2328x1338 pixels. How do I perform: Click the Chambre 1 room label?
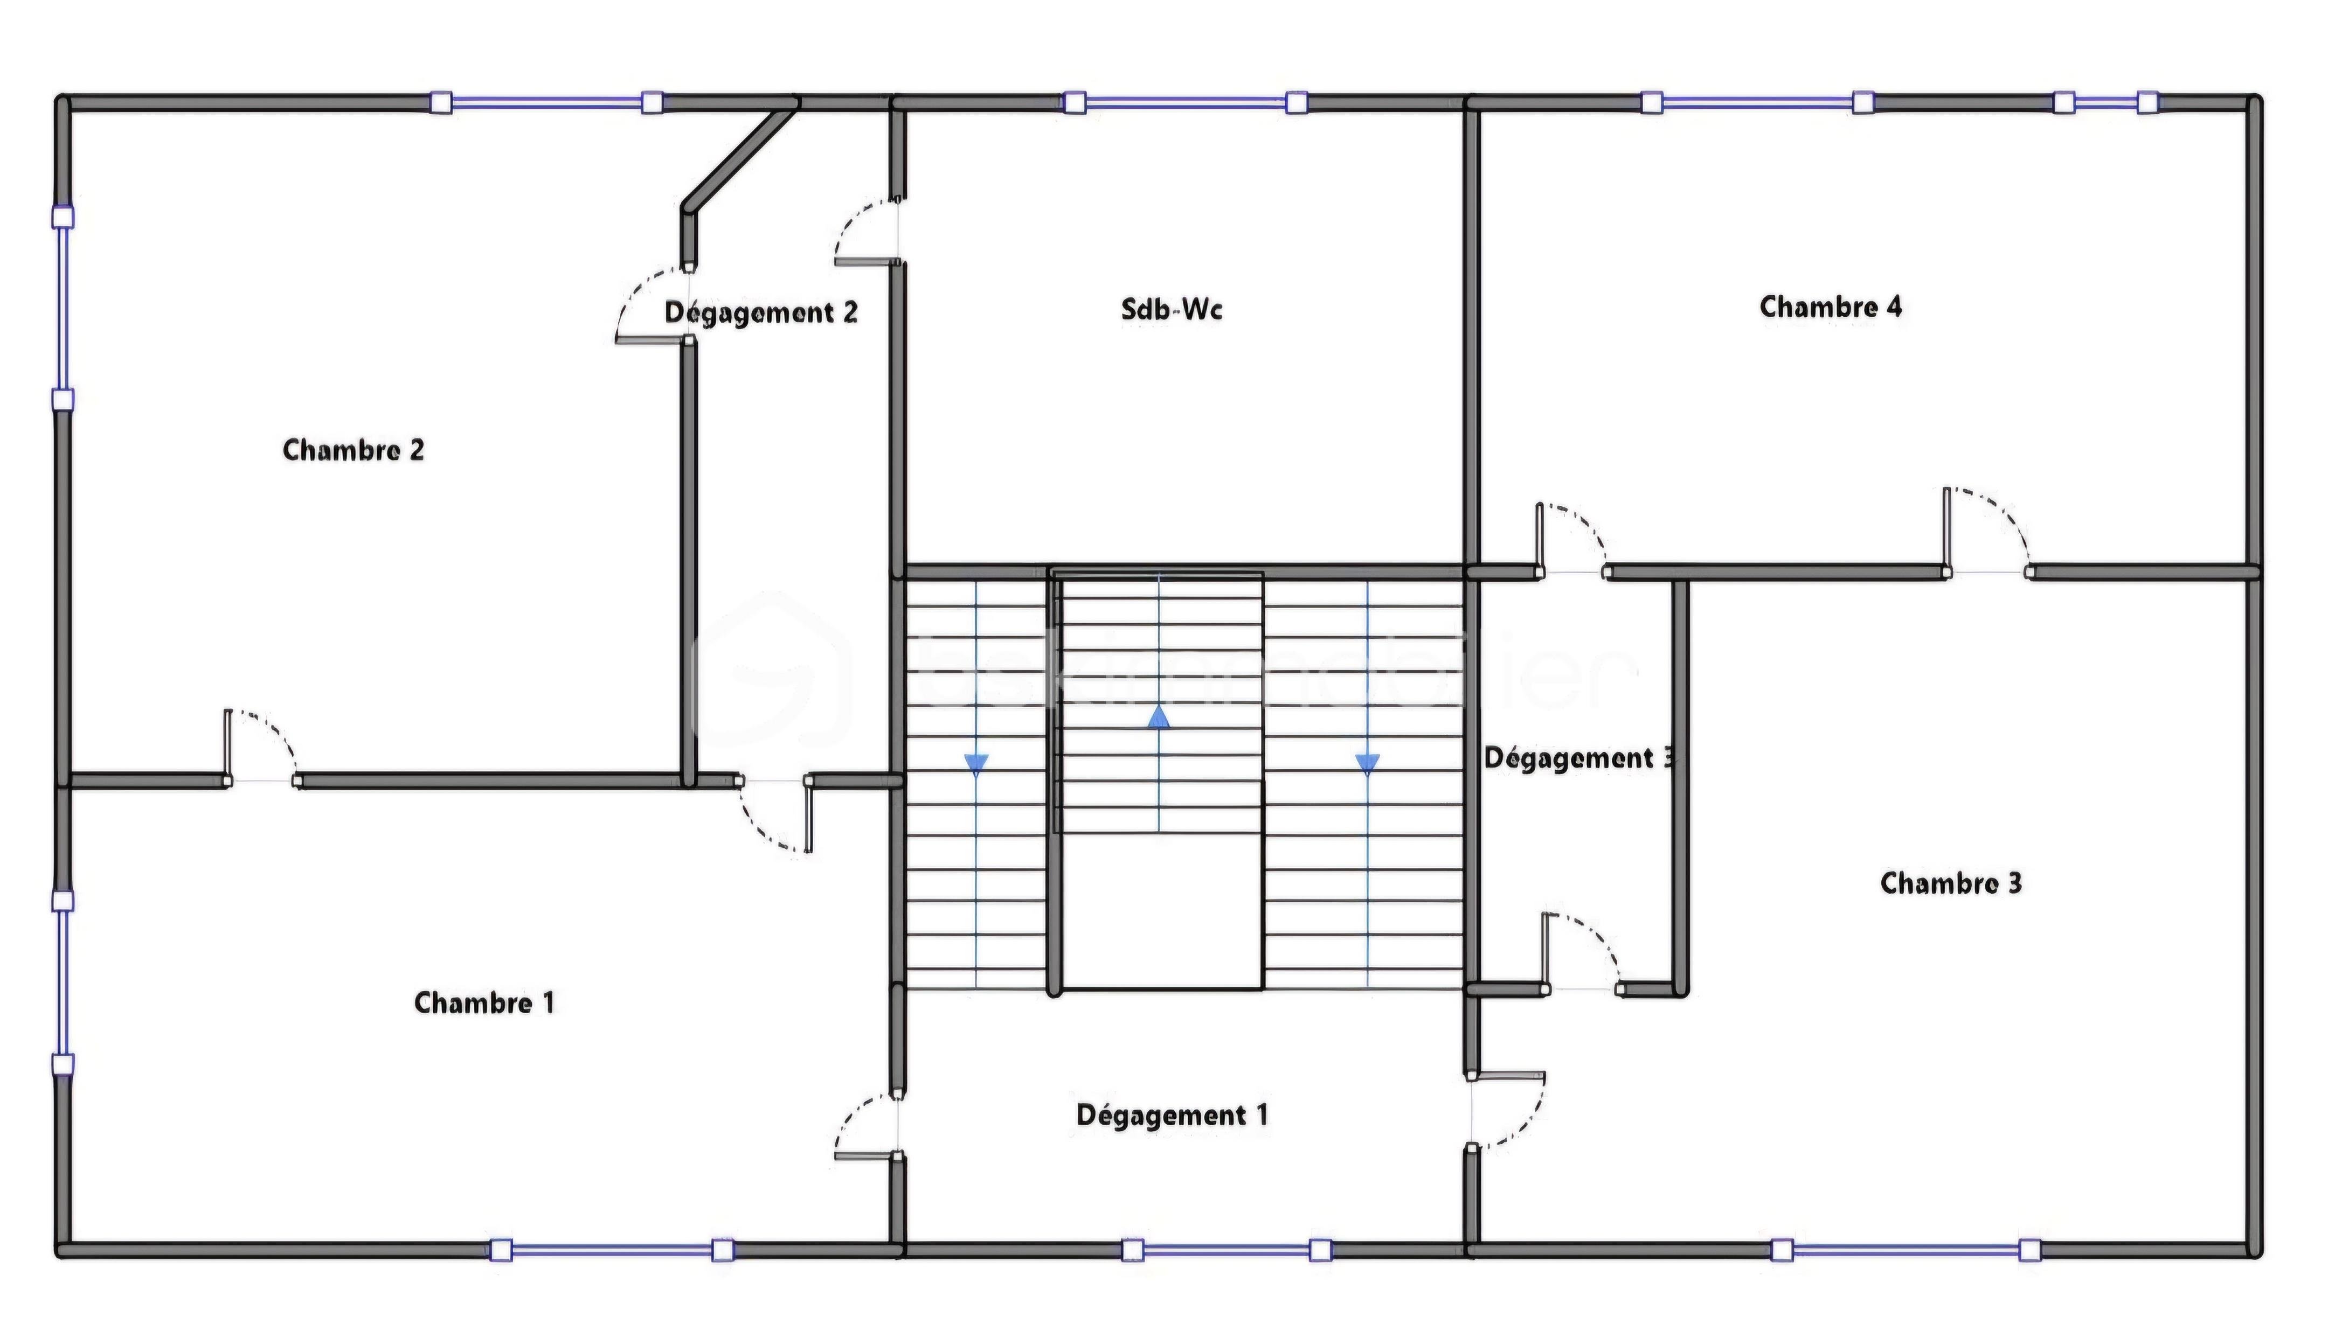[484, 1002]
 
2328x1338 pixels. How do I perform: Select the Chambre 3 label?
[1950, 883]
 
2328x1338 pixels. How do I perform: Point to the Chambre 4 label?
[1830, 307]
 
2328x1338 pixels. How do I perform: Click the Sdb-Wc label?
[1171, 310]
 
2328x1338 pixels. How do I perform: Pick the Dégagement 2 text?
[761, 312]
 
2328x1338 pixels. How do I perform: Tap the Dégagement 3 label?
[1579, 758]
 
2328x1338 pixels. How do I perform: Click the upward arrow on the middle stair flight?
[1159, 717]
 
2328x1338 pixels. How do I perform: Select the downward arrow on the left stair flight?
[976, 762]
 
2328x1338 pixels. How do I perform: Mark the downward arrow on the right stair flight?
[1368, 762]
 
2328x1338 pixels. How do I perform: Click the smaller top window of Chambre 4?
[2105, 102]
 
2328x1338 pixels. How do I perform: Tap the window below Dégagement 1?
[1226, 1250]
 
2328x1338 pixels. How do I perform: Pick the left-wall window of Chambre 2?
[63, 309]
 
